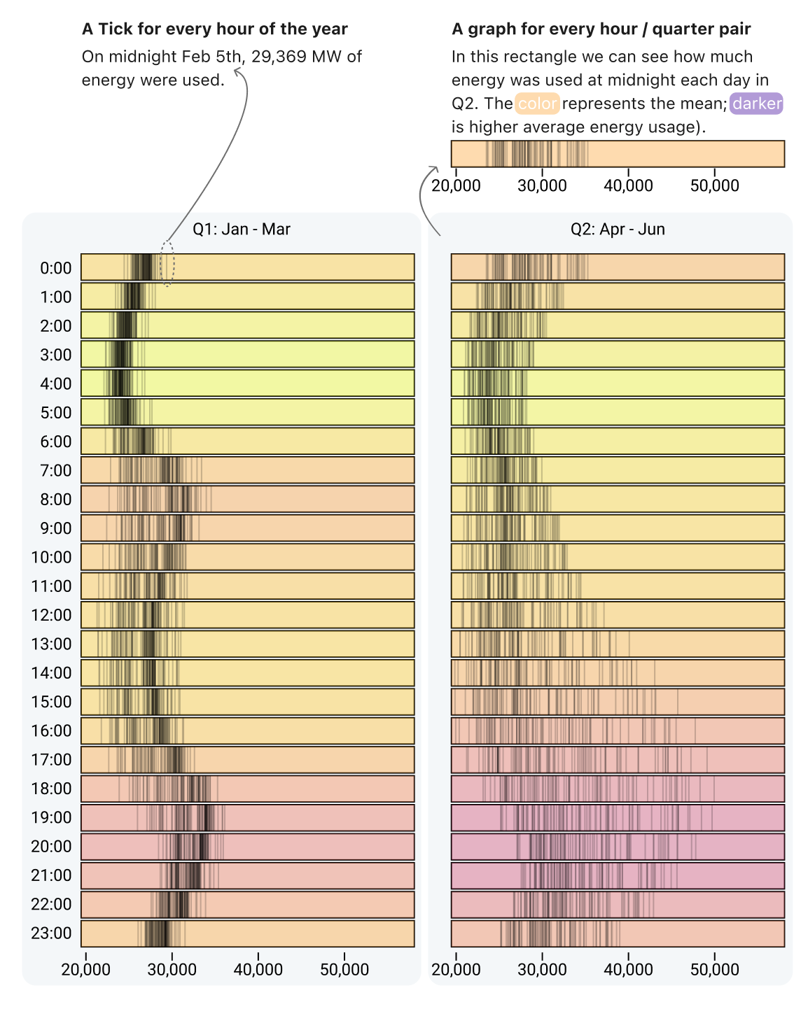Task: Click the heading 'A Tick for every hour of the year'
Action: click(214, 29)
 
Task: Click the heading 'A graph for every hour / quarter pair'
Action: click(601, 29)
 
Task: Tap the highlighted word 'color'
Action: click(537, 104)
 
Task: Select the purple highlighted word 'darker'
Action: click(756, 104)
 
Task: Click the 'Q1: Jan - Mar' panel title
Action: click(241, 230)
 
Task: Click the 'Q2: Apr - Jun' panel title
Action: click(618, 230)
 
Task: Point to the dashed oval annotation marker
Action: click(167, 263)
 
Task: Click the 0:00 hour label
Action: click(55, 268)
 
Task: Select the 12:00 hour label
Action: click(51, 615)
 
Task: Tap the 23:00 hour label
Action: click(51, 933)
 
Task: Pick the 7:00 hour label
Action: click(55, 470)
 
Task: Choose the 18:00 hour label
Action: click(51, 789)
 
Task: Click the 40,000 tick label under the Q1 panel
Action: click(258, 969)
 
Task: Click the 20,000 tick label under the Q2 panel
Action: click(456, 969)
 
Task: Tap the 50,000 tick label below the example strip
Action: click(714, 185)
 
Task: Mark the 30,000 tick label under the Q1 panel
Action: click(172, 969)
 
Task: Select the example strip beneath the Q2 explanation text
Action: click(617, 154)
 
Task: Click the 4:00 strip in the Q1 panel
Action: click(247, 383)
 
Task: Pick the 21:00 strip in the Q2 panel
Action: click(617, 875)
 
